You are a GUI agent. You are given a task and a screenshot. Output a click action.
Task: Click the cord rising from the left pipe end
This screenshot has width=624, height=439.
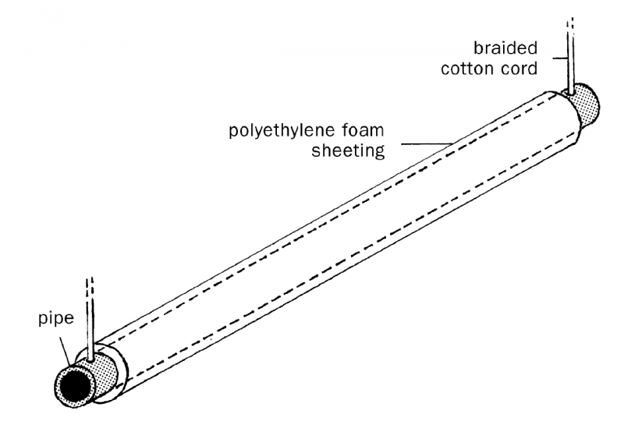(x=93, y=327)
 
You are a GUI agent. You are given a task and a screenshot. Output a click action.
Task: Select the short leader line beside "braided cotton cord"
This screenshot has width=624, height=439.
(x=560, y=56)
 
